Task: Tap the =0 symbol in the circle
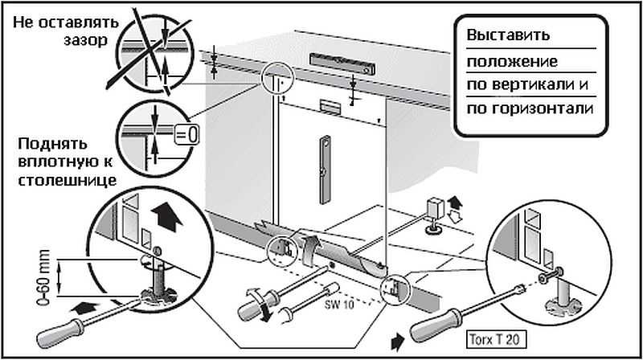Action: coord(186,131)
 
